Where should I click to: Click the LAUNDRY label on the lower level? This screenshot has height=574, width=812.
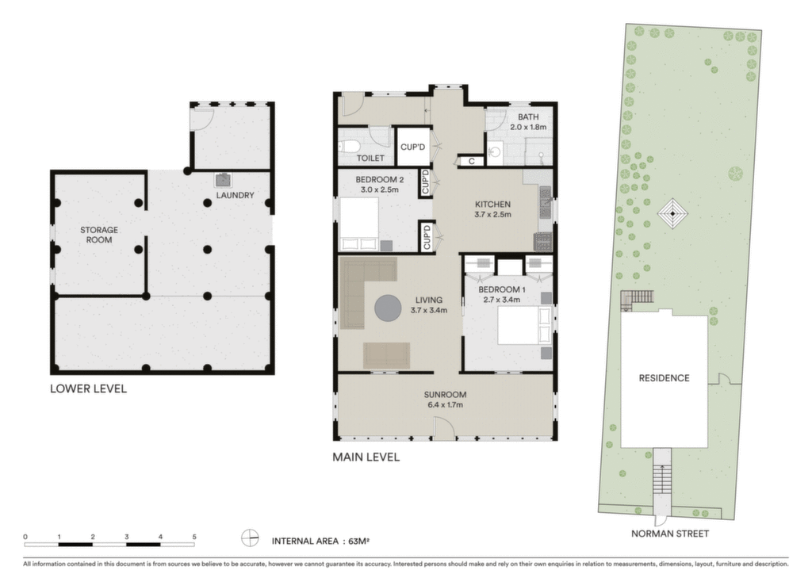[235, 195]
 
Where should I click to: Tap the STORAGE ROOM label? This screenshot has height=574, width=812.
[99, 235]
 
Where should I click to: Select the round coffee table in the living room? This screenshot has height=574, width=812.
[388, 308]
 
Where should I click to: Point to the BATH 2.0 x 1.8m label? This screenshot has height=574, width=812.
[528, 121]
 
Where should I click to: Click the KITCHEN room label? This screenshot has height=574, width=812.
[493, 205]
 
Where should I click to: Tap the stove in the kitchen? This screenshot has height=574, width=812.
[543, 243]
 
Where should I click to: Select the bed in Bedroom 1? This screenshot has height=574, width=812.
[524, 326]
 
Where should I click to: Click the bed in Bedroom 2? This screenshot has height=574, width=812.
[359, 224]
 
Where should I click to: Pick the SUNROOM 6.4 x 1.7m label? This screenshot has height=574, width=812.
[446, 399]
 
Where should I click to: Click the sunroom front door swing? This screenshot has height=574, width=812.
[444, 429]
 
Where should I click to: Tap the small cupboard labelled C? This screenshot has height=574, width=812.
[472, 162]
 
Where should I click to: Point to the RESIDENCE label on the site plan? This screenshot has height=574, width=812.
[664, 378]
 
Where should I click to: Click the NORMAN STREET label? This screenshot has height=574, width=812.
[669, 533]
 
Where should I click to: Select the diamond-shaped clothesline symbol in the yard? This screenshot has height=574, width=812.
[672, 214]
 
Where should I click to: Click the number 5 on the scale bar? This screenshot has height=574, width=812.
[194, 537]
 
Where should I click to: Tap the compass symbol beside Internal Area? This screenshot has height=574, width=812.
[250, 538]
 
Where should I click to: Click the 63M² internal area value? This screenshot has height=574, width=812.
[358, 541]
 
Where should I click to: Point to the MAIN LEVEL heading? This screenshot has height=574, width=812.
[366, 457]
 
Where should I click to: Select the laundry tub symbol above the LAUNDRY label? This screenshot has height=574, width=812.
[224, 180]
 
